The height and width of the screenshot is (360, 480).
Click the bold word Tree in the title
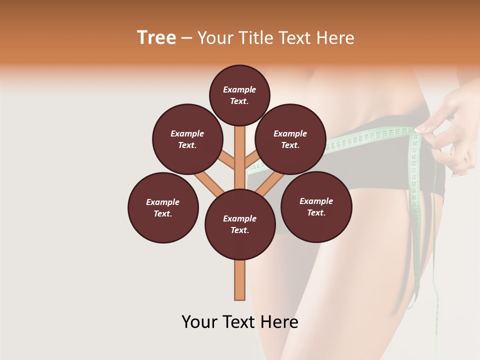coord(156,38)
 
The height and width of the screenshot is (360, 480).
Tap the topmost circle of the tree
coord(239,95)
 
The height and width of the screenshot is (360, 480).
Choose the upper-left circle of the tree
coord(187,139)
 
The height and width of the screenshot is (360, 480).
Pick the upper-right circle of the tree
coord(290,139)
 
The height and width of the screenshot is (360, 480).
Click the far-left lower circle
coord(163,207)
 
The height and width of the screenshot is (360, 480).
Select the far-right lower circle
coord(316,206)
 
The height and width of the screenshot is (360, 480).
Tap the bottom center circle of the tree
coord(240,224)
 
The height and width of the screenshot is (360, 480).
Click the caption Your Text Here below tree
coord(240,322)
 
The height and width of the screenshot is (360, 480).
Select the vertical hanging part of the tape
coord(416,200)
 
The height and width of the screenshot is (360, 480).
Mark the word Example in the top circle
coord(239,90)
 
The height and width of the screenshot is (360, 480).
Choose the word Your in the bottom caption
coord(199,322)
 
